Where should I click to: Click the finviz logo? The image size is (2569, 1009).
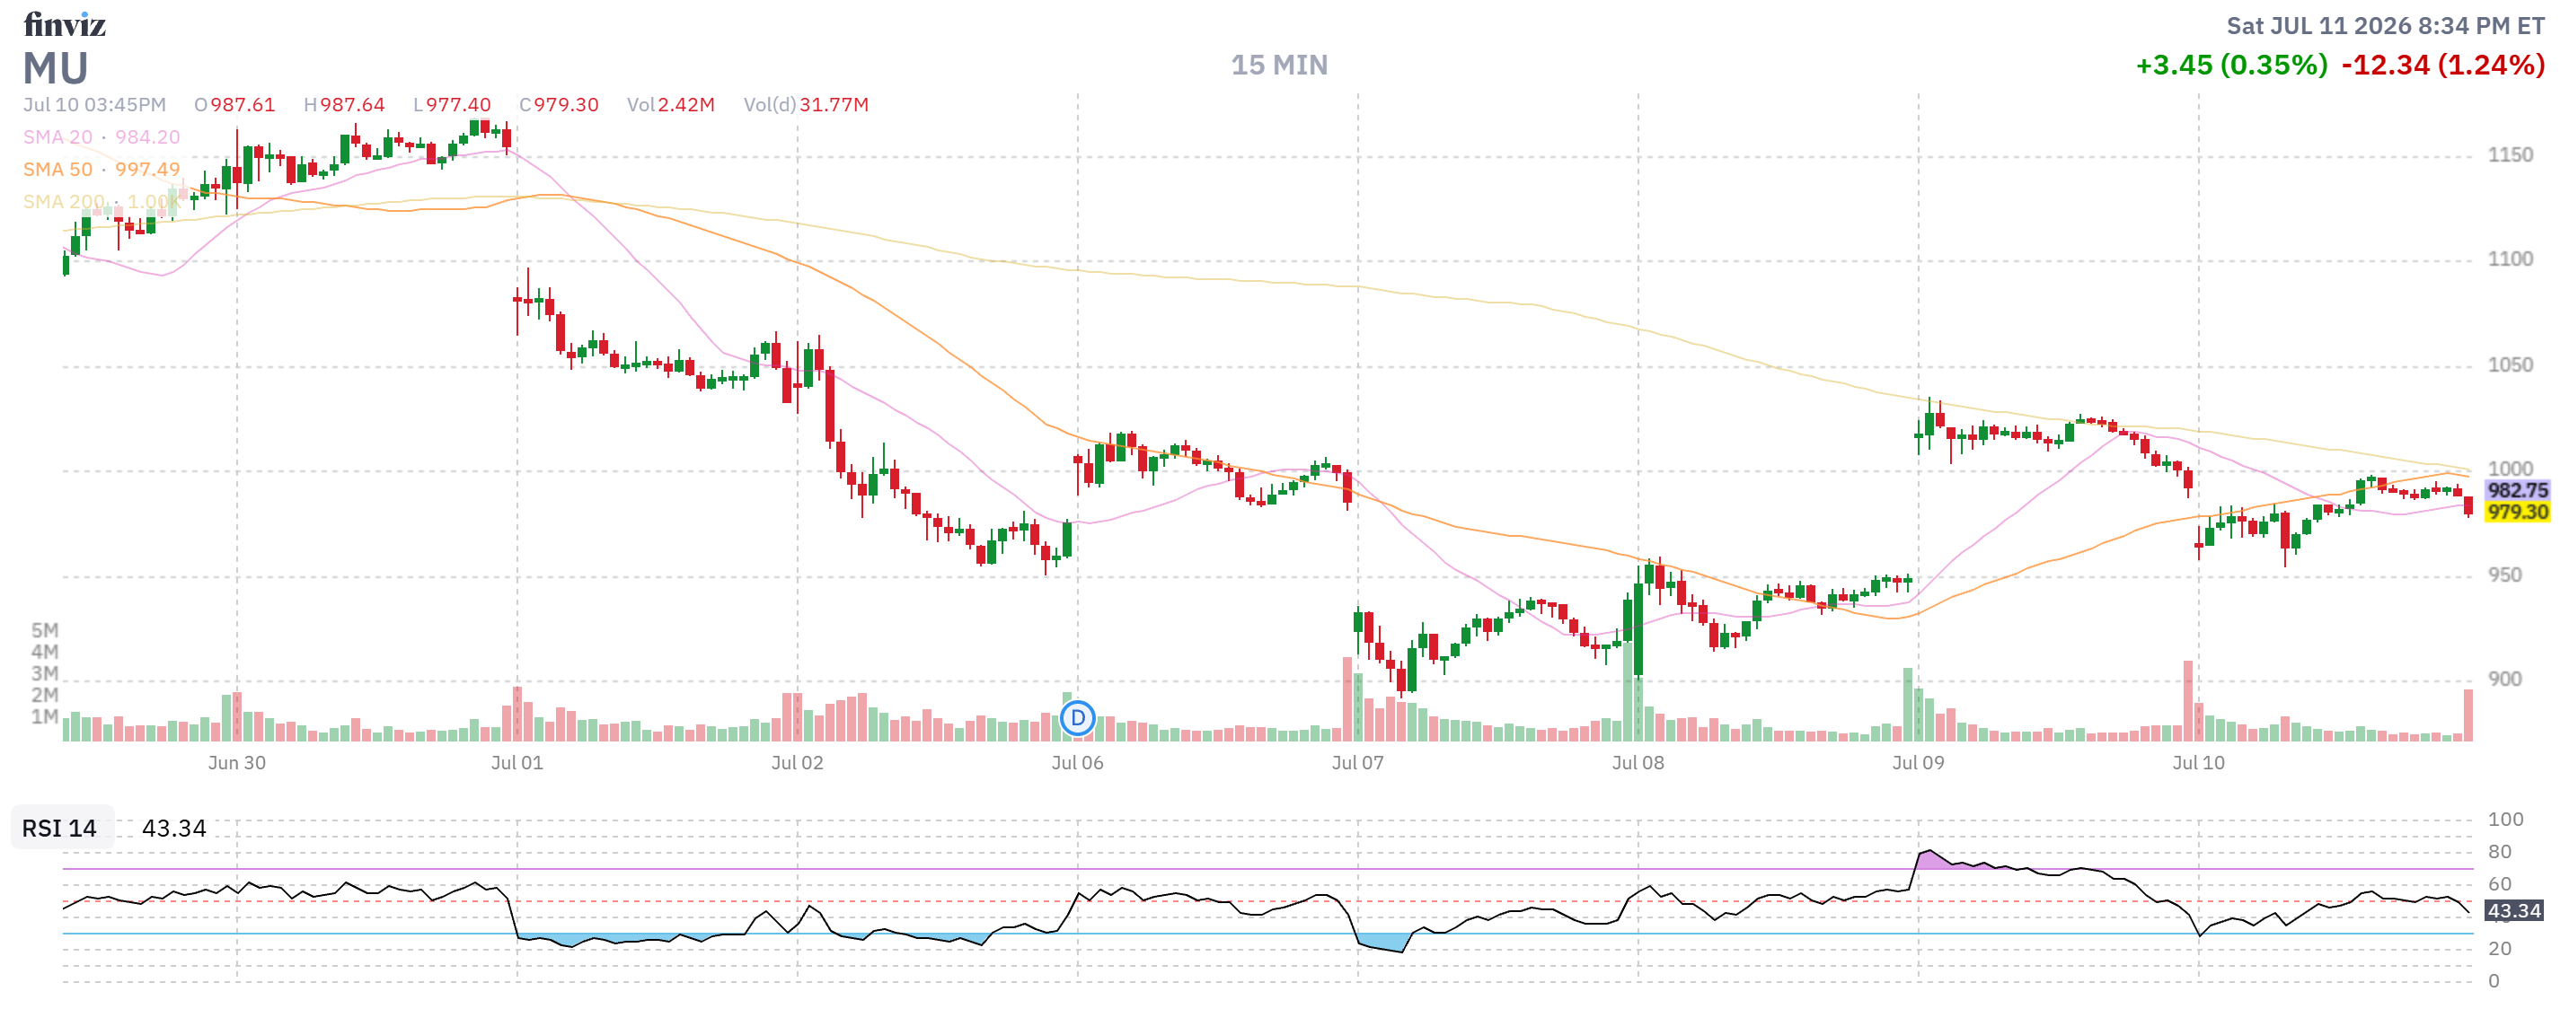click(65, 24)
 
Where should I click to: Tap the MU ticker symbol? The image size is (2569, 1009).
click(56, 68)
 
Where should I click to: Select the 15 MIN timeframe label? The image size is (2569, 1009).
click(1278, 65)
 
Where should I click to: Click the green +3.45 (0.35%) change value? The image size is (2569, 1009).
click(2231, 65)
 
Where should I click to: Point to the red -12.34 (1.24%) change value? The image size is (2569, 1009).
click(2443, 65)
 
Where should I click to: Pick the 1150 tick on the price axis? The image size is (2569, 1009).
click(2509, 154)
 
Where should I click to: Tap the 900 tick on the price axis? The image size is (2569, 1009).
click(2504, 679)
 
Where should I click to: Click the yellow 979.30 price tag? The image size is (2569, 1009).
click(2517, 512)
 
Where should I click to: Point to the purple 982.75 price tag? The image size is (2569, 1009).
click(2517, 489)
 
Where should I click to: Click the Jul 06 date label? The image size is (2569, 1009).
click(1077, 763)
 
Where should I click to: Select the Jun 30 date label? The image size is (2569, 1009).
click(236, 763)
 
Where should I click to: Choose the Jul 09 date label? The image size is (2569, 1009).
click(1918, 763)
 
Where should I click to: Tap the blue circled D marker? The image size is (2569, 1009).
click(1077, 718)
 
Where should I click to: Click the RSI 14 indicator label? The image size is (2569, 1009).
click(60, 829)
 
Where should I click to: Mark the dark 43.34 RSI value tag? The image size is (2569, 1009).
click(2513, 910)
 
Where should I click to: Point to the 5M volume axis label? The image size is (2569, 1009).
click(45, 630)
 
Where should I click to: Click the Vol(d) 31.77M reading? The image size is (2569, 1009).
click(806, 105)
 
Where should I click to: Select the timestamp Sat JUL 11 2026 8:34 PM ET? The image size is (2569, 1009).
click(2386, 26)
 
